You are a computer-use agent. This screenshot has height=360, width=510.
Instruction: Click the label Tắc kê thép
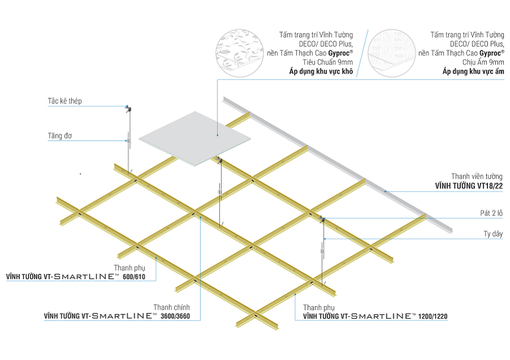65,101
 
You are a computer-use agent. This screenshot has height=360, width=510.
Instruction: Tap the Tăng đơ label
59,136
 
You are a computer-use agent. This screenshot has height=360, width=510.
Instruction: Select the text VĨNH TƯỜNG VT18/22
469,185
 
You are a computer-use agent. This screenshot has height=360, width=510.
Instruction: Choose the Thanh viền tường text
477,176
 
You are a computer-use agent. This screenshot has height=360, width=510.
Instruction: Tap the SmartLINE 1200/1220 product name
375,315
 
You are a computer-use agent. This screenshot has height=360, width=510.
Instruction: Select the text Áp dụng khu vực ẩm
473,72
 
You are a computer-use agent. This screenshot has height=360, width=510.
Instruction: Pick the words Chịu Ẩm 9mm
484,62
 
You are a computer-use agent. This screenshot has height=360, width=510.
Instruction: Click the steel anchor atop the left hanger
128,108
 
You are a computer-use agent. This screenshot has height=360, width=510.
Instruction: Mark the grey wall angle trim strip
340,164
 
